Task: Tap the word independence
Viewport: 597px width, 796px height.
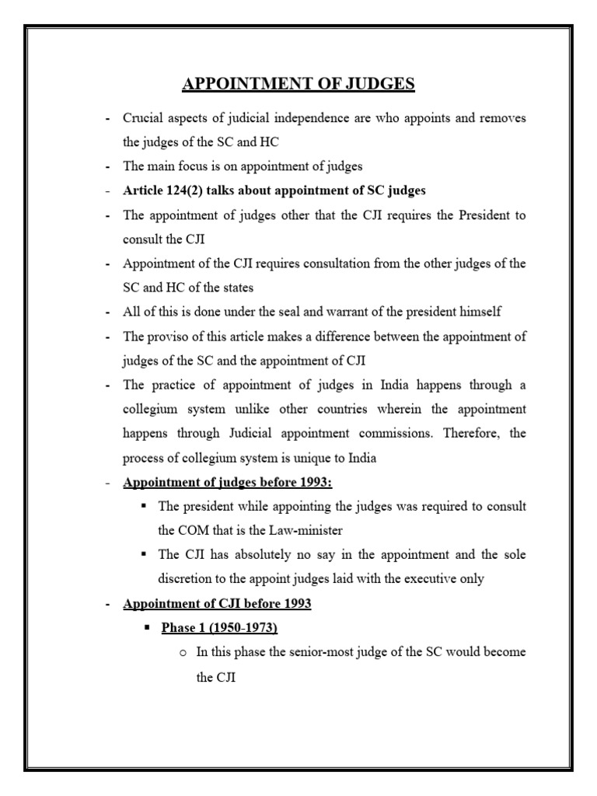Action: [x=307, y=118]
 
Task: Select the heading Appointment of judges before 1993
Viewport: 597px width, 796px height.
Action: [x=227, y=482]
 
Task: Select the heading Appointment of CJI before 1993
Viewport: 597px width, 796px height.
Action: [x=217, y=603]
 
